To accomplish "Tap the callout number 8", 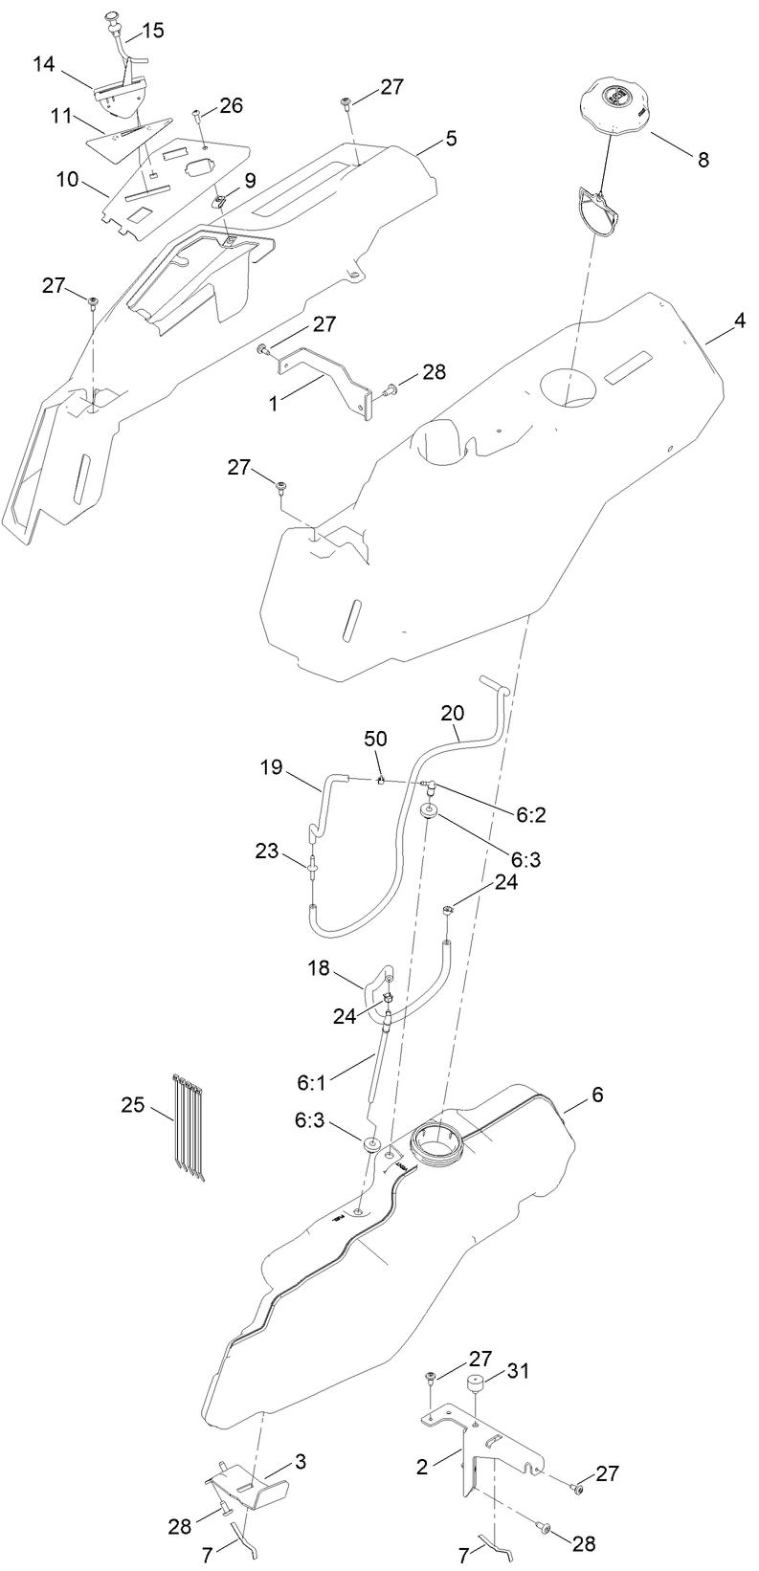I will pyautogui.click(x=703, y=160).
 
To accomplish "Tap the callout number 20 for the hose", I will pyautogui.click(x=453, y=714).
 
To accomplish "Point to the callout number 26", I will pyautogui.click(x=232, y=105).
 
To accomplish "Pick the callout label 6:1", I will pyautogui.click(x=313, y=1083).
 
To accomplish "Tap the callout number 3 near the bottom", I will pyautogui.click(x=301, y=1462).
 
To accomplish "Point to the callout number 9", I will pyautogui.click(x=250, y=179).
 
